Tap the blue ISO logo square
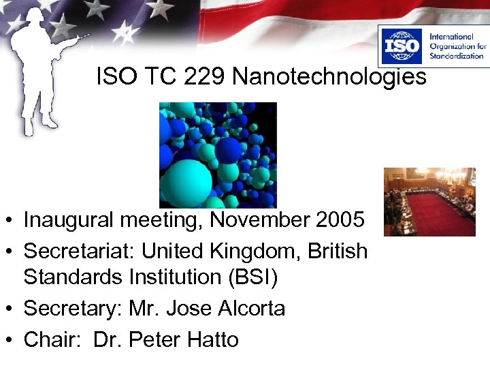(402, 46)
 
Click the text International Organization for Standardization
(456, 46)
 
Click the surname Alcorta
(251, 308)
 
